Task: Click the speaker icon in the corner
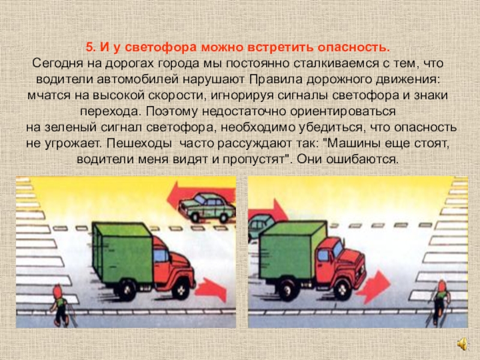coord(463,343)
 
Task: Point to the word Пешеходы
coord(139,143)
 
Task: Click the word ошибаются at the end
coord(363,159)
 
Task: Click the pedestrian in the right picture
coord(439,303)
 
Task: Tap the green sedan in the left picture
coord(207,207)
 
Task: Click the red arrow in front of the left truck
coord(211,289)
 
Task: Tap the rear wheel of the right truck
coord(287,289)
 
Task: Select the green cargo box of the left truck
coord(122,253)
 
